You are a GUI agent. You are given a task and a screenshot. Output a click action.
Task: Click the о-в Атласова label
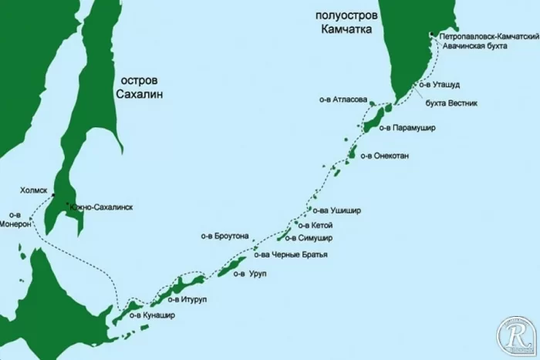(343, 99)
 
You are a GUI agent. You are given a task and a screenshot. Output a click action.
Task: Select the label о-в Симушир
(326, 238)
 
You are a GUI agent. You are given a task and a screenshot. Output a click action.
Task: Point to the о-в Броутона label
(224, 237)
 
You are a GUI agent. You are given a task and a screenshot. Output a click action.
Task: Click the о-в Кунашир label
(146, 314)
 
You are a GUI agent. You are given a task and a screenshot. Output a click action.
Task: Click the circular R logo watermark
(512, 335)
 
